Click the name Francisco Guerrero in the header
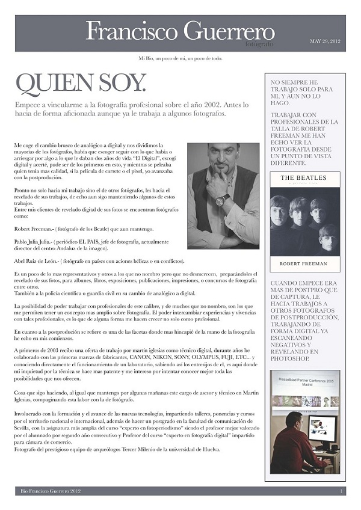180,31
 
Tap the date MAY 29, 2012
325,41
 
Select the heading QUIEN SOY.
80,84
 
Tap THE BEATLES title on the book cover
304,178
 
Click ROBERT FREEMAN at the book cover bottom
304,263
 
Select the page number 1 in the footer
341,491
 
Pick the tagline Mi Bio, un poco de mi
180,58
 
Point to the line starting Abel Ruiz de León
99,261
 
